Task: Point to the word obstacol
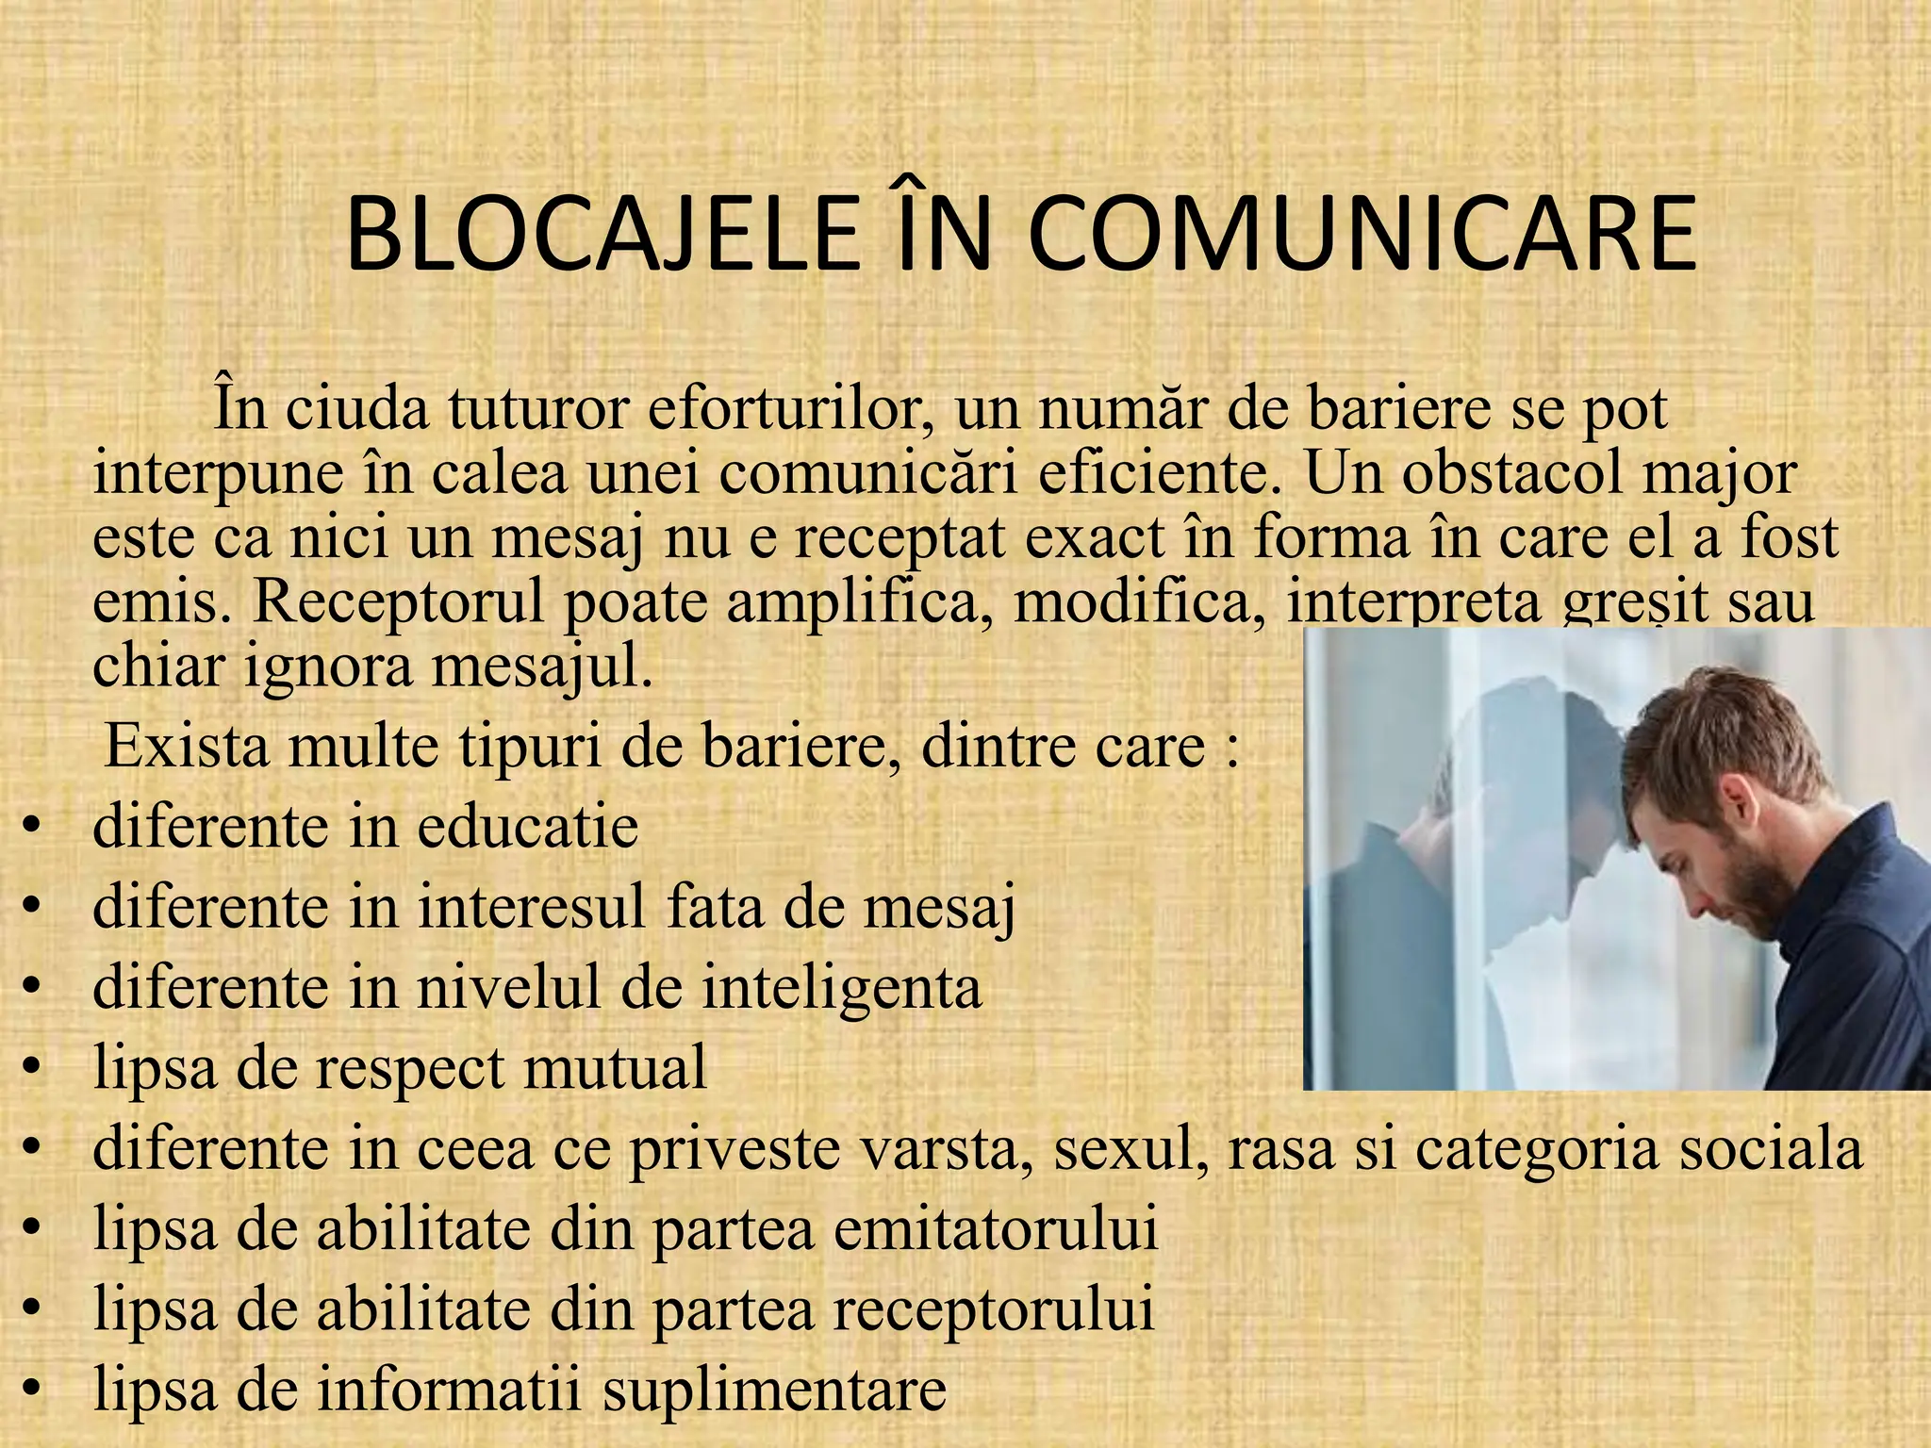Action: point(1514,473)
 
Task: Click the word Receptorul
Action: point(398,601)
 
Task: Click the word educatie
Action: point(527,826)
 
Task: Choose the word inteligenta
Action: point(800,988)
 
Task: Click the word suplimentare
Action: point(774,1390)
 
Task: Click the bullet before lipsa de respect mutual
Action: point(33,1069)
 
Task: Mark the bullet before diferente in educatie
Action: point(33,828)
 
